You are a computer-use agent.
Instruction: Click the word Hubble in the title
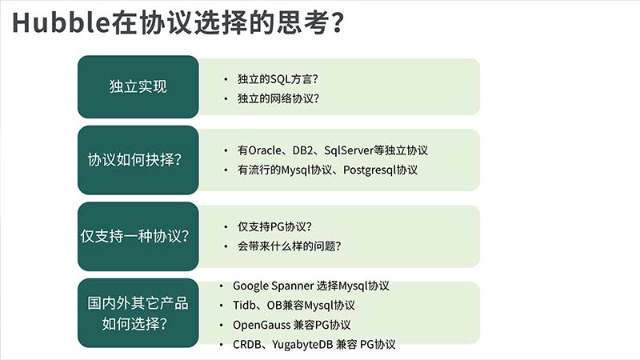pyautogui.click(x=61, y=23)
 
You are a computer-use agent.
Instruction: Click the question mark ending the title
pyautogui.click(x=338, y=23)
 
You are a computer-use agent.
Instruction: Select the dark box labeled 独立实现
pyautogui.click(x=138, y=86)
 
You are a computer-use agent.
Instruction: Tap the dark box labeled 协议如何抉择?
pyautogui.click(x=138, y=159)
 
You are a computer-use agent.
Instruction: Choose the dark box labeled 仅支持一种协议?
pyautogui.click(x=138, y=236)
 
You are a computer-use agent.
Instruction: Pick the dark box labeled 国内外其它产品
pyautogui.click(x=138, y=313)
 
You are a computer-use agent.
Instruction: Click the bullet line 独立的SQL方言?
pyautogui.click(x=278, y=78)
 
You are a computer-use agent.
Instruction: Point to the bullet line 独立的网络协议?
pyautogui.click(x=278, y=98)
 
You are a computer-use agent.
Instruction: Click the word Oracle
pyautogui.click(x=265, y=150)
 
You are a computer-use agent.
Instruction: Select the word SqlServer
pyautogui.click(x=349, y=150)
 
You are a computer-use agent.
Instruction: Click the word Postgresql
pyautogui.click(x=370, y=170)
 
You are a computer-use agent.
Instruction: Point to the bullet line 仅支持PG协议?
pyautogui.click(x=274, y=226)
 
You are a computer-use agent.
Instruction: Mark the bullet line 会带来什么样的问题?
pyautogui.click(x=289, y=246)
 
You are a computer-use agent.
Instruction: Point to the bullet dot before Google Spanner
pyautogui.click(x=222, y=286)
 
